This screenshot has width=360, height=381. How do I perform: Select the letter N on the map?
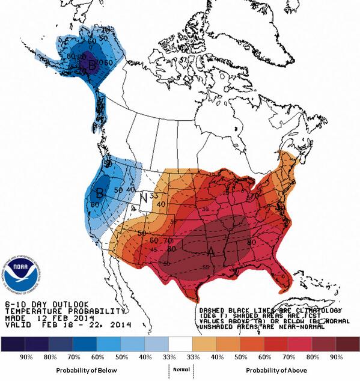pos(143,196)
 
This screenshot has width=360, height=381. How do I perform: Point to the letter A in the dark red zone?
pos(210,250)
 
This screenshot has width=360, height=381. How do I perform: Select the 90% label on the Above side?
pos(334,356)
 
